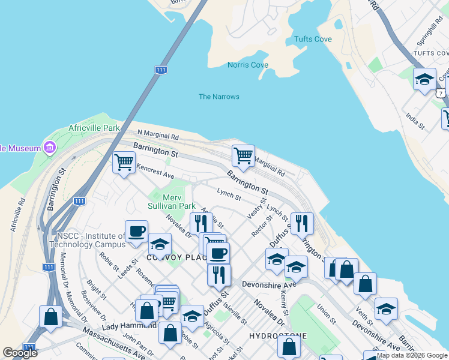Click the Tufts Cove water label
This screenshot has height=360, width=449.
coord(313,39)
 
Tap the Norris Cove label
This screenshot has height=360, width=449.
coord(248,65)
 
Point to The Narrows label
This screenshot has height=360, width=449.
coord(219,97)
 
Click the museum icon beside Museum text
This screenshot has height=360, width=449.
coord(49,148)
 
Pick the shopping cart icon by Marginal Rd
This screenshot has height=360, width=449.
coord(243,155)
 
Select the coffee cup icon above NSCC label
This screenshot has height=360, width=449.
coord(136,231)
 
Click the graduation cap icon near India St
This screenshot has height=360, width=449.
coord(424,79)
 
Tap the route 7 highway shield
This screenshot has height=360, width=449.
coord(442,93)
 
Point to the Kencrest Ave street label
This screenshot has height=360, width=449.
coord(155,172)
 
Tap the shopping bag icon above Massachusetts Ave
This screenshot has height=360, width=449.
coord(51,316)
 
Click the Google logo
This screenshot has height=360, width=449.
coord(20,353)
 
